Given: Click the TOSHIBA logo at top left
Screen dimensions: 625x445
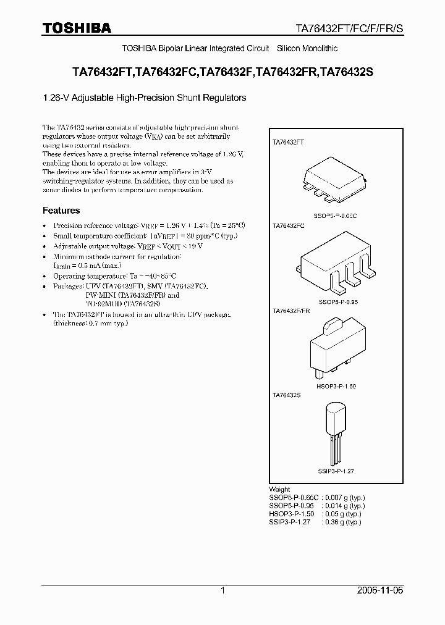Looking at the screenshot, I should pyautogui.click(x=77, y=28).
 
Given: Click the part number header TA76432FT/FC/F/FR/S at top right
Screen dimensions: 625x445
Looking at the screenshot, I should pyautogui.click(x=347, y=28).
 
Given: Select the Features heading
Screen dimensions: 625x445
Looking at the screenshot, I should pyautogui.click(x=61, y=211).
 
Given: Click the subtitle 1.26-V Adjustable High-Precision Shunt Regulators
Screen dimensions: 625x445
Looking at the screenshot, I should pyautogui.click(x=144, y=98).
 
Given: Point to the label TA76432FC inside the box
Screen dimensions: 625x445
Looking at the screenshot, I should pyautogui.click(x=289, y=227).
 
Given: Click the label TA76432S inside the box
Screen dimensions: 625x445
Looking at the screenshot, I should pyautogui.click(x=287, y=394).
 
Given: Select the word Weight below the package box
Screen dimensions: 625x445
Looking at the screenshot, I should pyautogui.click(x=279, y=489).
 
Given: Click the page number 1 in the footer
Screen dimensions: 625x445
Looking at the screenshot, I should pyautogui.click(x=222, y=590).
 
